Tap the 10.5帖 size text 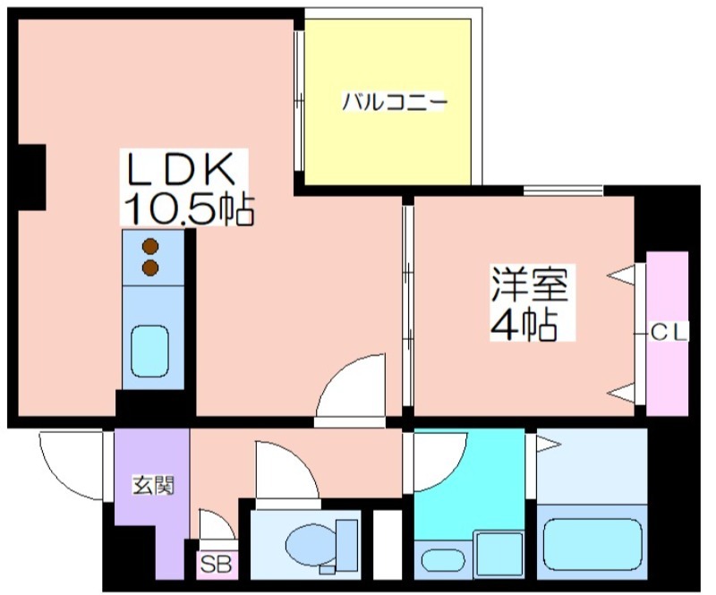coord(188,209)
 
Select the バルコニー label coord(394,102)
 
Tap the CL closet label coord(669,333)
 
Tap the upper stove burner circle coord(150,246)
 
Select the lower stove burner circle coord(150,267)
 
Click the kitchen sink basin coord(151,352)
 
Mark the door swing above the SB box coord(215,526)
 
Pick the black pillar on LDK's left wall coord(33,176)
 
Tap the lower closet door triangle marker coord(624,390)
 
